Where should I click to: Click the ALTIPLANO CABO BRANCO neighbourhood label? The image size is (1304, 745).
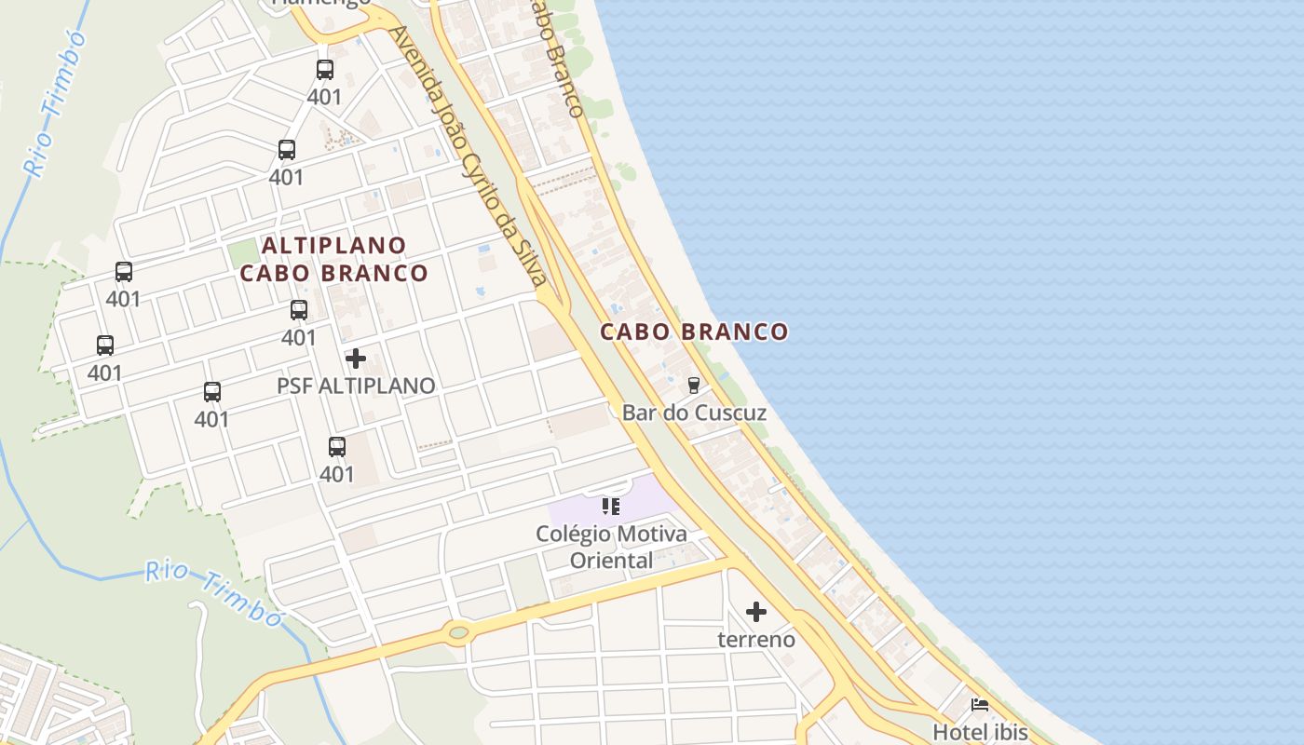(x=333, y=259)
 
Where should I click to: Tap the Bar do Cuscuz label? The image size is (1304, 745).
(x=694, y=413)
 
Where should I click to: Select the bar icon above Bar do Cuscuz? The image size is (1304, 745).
(x=693, y=385)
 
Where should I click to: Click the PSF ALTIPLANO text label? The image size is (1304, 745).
(x=356, y=386)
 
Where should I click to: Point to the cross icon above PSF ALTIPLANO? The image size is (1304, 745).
(x=355, y=359)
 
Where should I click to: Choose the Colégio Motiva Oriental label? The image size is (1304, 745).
(x=611, y=547)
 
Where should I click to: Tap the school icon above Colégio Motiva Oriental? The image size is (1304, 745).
(x=611, y=507)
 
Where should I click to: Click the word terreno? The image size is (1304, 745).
(x=756, y=640)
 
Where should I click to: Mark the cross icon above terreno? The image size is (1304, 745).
(x=756, y=612)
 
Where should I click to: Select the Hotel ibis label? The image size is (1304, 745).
(x=980, y=732)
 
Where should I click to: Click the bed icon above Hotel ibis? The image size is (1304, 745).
(x=979, y=705)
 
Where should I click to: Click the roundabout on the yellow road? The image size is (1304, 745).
(x=457, y=633)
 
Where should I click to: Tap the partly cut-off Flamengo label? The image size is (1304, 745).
(x=320, y=3)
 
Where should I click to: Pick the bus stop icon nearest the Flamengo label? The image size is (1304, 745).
(x=324, y=69)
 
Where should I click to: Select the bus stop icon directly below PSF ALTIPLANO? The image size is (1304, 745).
(x=337, y=447)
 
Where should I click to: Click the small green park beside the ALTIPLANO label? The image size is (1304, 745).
(x=243, y=252)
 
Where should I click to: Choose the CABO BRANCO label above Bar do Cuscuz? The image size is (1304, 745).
(x=694, y=332)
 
